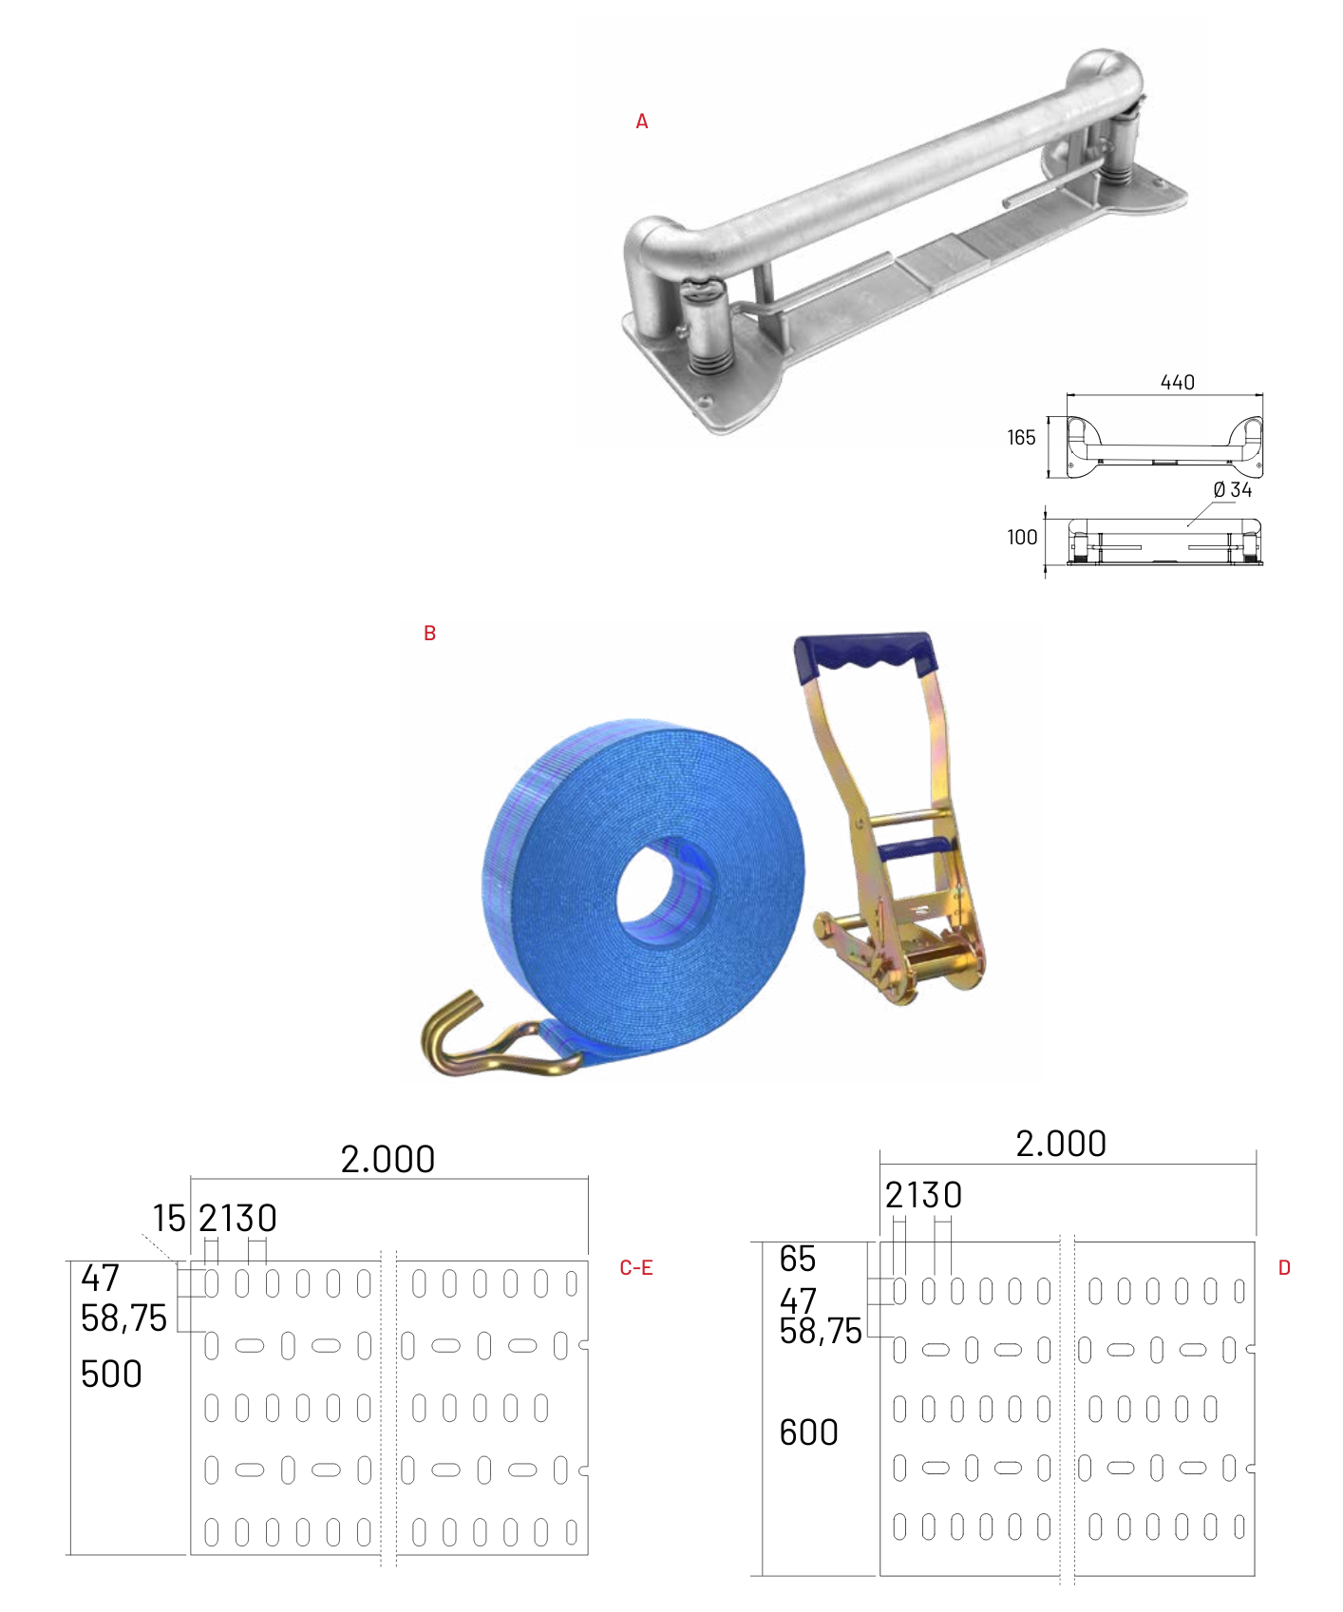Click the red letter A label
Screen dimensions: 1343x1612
(x=642, y=122)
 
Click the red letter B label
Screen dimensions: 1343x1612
(x=429, y=634)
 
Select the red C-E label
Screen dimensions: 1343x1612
(x=636, y=1268)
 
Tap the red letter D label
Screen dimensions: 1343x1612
(x=1284, y=1268)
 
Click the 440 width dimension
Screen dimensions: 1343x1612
(x=1178, y=382)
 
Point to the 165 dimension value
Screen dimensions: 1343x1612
(x=1021, y=438)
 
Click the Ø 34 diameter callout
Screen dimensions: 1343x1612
(x=1233, y=490)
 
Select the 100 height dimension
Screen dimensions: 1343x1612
(x=1022, y=537)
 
